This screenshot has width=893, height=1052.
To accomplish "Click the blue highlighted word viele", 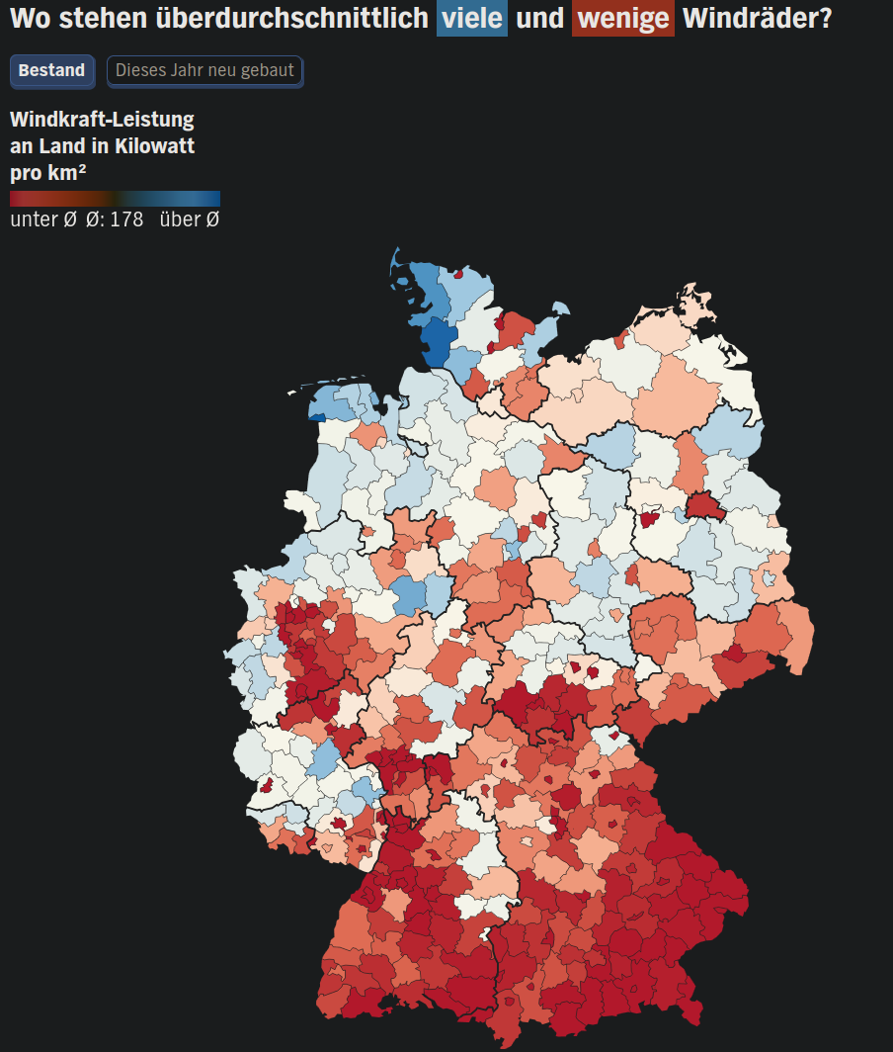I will pyautogui.click(x=472, y=18).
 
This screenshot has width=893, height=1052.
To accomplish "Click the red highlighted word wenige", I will pyautogui.click(x=622, y=18).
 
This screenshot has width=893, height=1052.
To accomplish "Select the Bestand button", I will pyautogui.click(x=52, y=71).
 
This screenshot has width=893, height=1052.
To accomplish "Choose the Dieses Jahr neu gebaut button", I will pyautogui.click(x=204, y=71).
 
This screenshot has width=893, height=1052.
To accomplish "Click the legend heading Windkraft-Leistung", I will pyautogui.click(x=102, y=120).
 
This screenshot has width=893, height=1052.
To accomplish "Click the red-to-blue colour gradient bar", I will pyautogui.click(x=115, y=198).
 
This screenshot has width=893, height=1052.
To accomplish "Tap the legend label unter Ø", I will pyautogui.click(x=42, y=219).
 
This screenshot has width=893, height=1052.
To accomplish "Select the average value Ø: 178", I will pyautogui.click(x=115, y=219).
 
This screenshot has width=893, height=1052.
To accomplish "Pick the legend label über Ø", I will pyautogui.click(x=189, y=219).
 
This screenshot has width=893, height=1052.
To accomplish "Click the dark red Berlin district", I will pyautogui.click(x=703, y=506).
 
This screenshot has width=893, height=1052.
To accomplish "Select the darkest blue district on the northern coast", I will pyautogui.click(x=436, y=341).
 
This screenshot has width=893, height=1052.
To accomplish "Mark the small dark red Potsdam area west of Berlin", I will pyautogui.click(x=649, y=519).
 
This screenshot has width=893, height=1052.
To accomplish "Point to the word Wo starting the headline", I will pyautogui.click(x=29, y=18).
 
